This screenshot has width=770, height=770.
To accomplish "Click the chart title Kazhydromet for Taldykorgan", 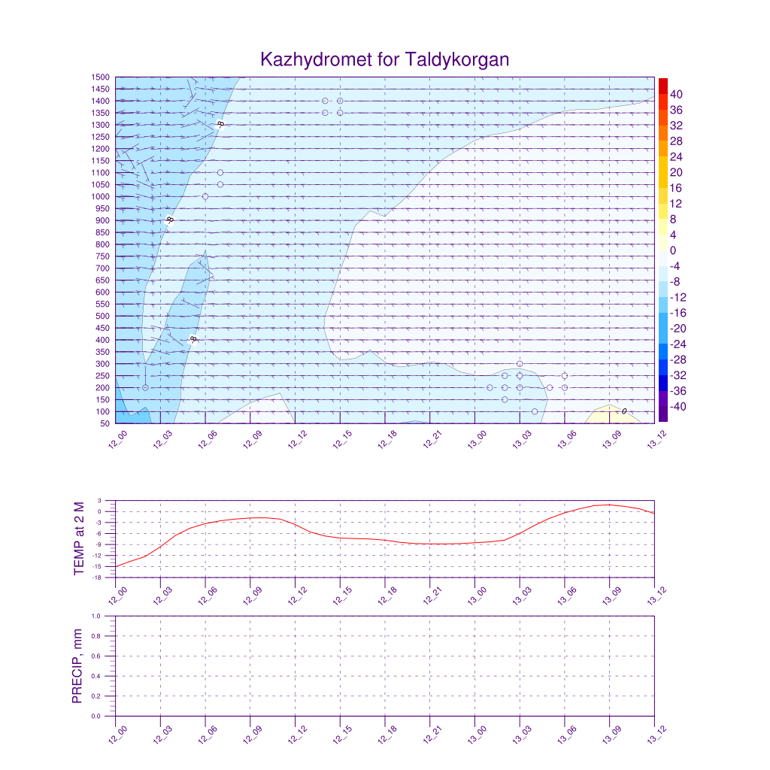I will [385, 59].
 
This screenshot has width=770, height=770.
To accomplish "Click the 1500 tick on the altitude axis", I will [102, 77].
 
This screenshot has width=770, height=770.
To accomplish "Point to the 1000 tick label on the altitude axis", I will [102, 197].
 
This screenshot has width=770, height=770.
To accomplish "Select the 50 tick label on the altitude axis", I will [105, 424].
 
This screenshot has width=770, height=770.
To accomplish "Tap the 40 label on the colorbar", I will [675, 94].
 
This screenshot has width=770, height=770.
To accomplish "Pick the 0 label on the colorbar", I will [673, 250].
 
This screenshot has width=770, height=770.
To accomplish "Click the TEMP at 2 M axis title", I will [80, 538].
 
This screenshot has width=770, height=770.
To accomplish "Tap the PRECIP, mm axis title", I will [77, 666].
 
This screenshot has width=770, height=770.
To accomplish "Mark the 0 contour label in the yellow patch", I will [624, 411].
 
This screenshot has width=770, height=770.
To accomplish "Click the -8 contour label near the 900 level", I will [170, 220].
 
